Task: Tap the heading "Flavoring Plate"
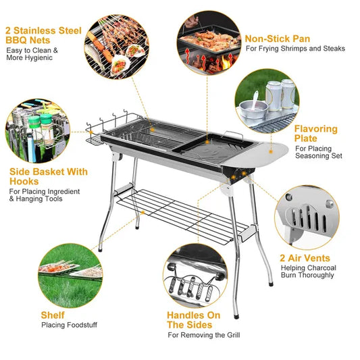(315, 133)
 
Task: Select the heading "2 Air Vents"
(305, 257)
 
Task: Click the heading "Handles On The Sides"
(193, 319)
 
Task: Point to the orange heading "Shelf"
(53, 315)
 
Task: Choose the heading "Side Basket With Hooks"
(48, 177)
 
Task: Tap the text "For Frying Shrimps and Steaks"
(294, 49)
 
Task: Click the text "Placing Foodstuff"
(69, 325)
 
